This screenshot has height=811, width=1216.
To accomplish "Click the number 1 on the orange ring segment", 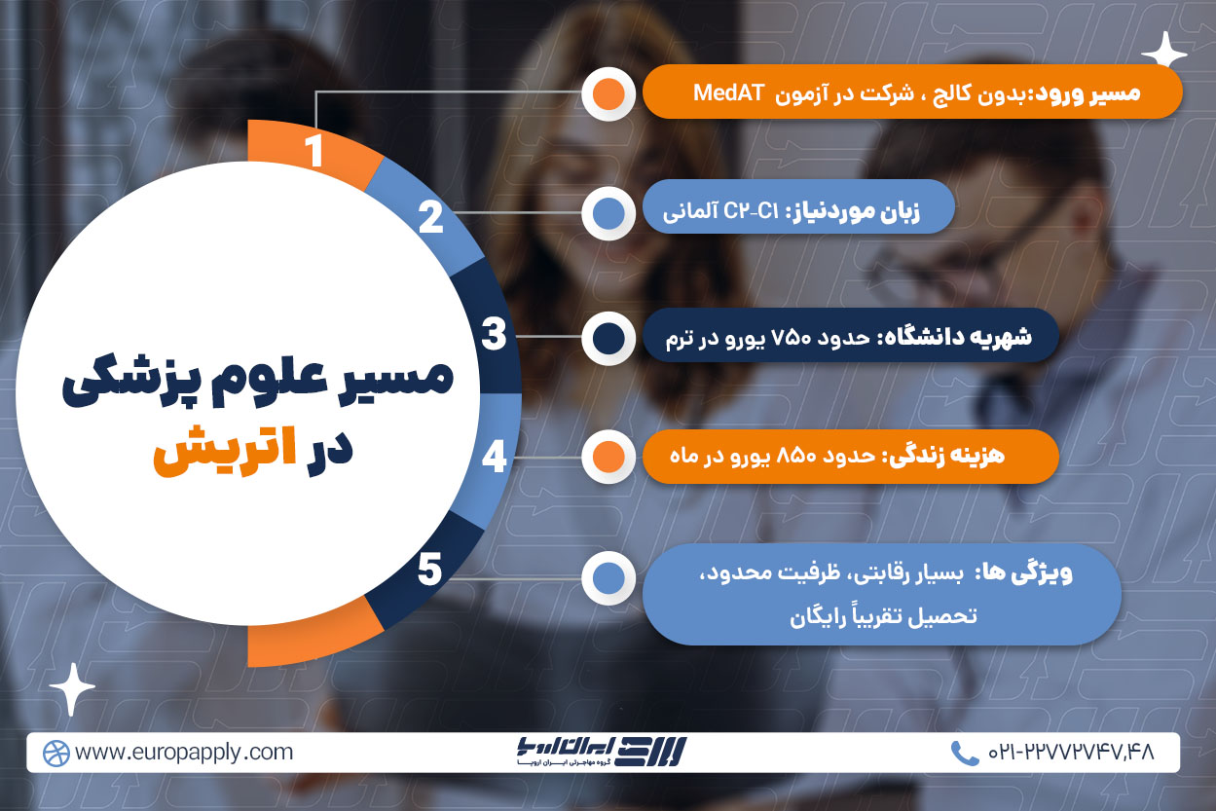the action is click(x=314, y=150).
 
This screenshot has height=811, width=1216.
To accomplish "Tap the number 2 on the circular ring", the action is click(x=431, y=217).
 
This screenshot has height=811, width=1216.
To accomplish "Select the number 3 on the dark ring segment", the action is click(x=494, y=334).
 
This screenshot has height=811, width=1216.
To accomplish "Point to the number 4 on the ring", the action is click(x=494, y=457).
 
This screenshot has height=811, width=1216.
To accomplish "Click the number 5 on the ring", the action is click(x=430, y=570).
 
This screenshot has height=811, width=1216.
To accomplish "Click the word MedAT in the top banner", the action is click(x=729, y=93).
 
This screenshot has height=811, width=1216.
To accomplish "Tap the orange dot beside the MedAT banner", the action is click(x=608, y=93).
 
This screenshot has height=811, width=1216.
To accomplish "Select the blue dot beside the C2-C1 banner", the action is click(x=608, y=213).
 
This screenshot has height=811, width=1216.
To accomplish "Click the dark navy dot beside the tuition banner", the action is click(x=608, y=338).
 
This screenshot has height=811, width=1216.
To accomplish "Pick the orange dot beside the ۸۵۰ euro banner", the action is click(x=608, y=457).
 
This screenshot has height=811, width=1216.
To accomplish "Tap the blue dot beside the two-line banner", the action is click(x=608, y=578).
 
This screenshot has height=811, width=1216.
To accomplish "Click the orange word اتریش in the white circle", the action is click(x=225, y=452).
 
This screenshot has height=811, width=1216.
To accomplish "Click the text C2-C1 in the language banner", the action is click(x=752, y=211).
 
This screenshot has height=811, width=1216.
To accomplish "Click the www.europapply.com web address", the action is click(x=184, y=753).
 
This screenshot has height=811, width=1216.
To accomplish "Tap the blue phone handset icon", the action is click(x=964, y=753).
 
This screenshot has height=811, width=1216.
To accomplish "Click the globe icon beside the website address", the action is click(x=55, y=754).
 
